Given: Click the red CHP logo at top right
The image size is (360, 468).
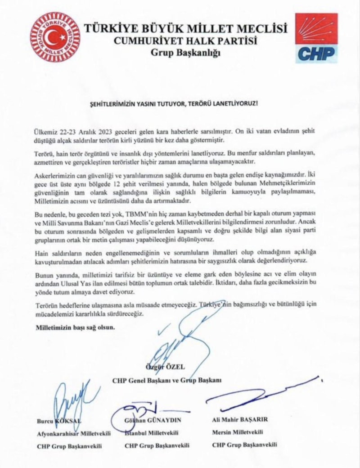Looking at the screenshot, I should pos(316,38).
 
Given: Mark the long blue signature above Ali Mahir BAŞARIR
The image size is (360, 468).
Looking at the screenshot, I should pos(261,396).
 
